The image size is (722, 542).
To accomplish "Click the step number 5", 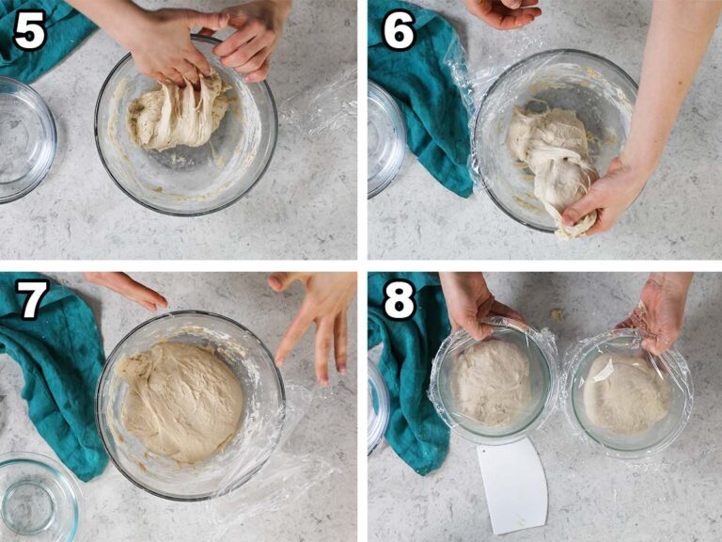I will click(29, 31).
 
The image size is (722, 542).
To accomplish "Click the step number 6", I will click(398, 31).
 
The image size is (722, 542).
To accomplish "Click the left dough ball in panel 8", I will click(491, 381).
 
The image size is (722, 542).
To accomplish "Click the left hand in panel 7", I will click(127, 287).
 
